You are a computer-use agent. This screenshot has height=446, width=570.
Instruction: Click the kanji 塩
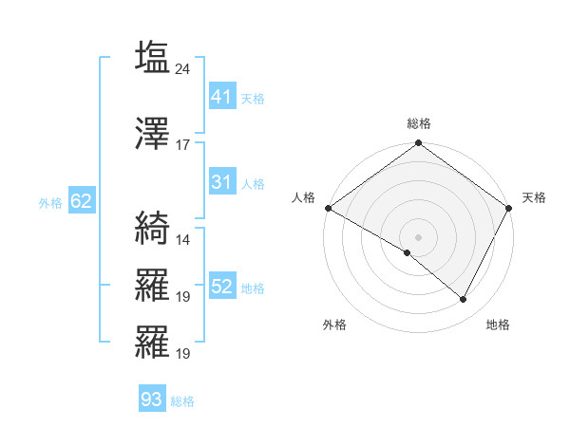coord(152,56)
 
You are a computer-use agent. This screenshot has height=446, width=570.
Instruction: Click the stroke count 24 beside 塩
coord(183,69)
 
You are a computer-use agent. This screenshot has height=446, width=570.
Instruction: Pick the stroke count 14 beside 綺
coord(183,239)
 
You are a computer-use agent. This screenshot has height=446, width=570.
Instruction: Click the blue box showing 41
coord(222,97)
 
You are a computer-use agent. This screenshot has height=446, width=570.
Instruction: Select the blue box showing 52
coord(222,287)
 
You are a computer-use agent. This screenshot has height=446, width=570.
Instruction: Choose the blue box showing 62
coord(81,201)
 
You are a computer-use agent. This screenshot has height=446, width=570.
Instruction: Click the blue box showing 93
coord(151,400)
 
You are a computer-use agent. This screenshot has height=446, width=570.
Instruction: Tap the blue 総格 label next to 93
coord(182,401)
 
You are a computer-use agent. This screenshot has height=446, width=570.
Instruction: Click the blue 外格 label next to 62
coord(50,202)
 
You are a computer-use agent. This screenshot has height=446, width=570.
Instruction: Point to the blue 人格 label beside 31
coord(253,183)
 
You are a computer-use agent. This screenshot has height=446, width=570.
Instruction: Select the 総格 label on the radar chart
coord(418,123)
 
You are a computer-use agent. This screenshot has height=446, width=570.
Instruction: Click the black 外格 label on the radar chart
coord(334,325)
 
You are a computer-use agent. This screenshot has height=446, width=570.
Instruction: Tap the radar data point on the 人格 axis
coord(328,208)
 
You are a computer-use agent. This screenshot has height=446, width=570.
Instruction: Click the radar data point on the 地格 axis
coord(464,300)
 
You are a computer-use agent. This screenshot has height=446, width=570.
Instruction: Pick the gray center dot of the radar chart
coord(418,236)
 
